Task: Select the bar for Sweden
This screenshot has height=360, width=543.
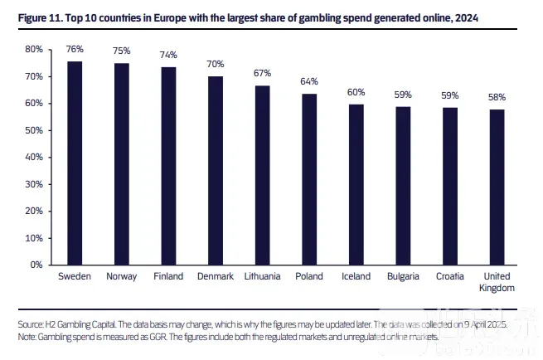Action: point(75,163)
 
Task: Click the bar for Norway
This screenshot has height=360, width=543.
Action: point(121,163)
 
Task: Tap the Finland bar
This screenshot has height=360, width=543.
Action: point(168,165)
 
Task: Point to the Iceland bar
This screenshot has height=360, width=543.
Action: point(356,184)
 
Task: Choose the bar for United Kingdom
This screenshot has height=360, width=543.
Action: point(497,187)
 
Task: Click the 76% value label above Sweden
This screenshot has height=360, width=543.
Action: point(75,49)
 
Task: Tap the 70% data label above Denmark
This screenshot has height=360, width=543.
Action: point(216,65)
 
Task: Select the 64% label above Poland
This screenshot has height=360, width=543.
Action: point(309,81)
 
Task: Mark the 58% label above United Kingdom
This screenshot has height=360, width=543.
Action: point(497,97)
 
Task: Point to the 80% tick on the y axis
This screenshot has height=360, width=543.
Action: point(33,50)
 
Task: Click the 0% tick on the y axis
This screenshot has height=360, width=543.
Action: point(36,265)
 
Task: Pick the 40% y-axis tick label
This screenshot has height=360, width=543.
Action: point(33,158)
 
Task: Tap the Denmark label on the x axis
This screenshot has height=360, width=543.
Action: point(216,276)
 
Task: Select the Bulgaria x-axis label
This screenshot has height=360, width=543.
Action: point(403,276)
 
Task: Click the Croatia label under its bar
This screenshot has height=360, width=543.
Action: point(450,276)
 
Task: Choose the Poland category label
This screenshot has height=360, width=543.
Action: point(309,276)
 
